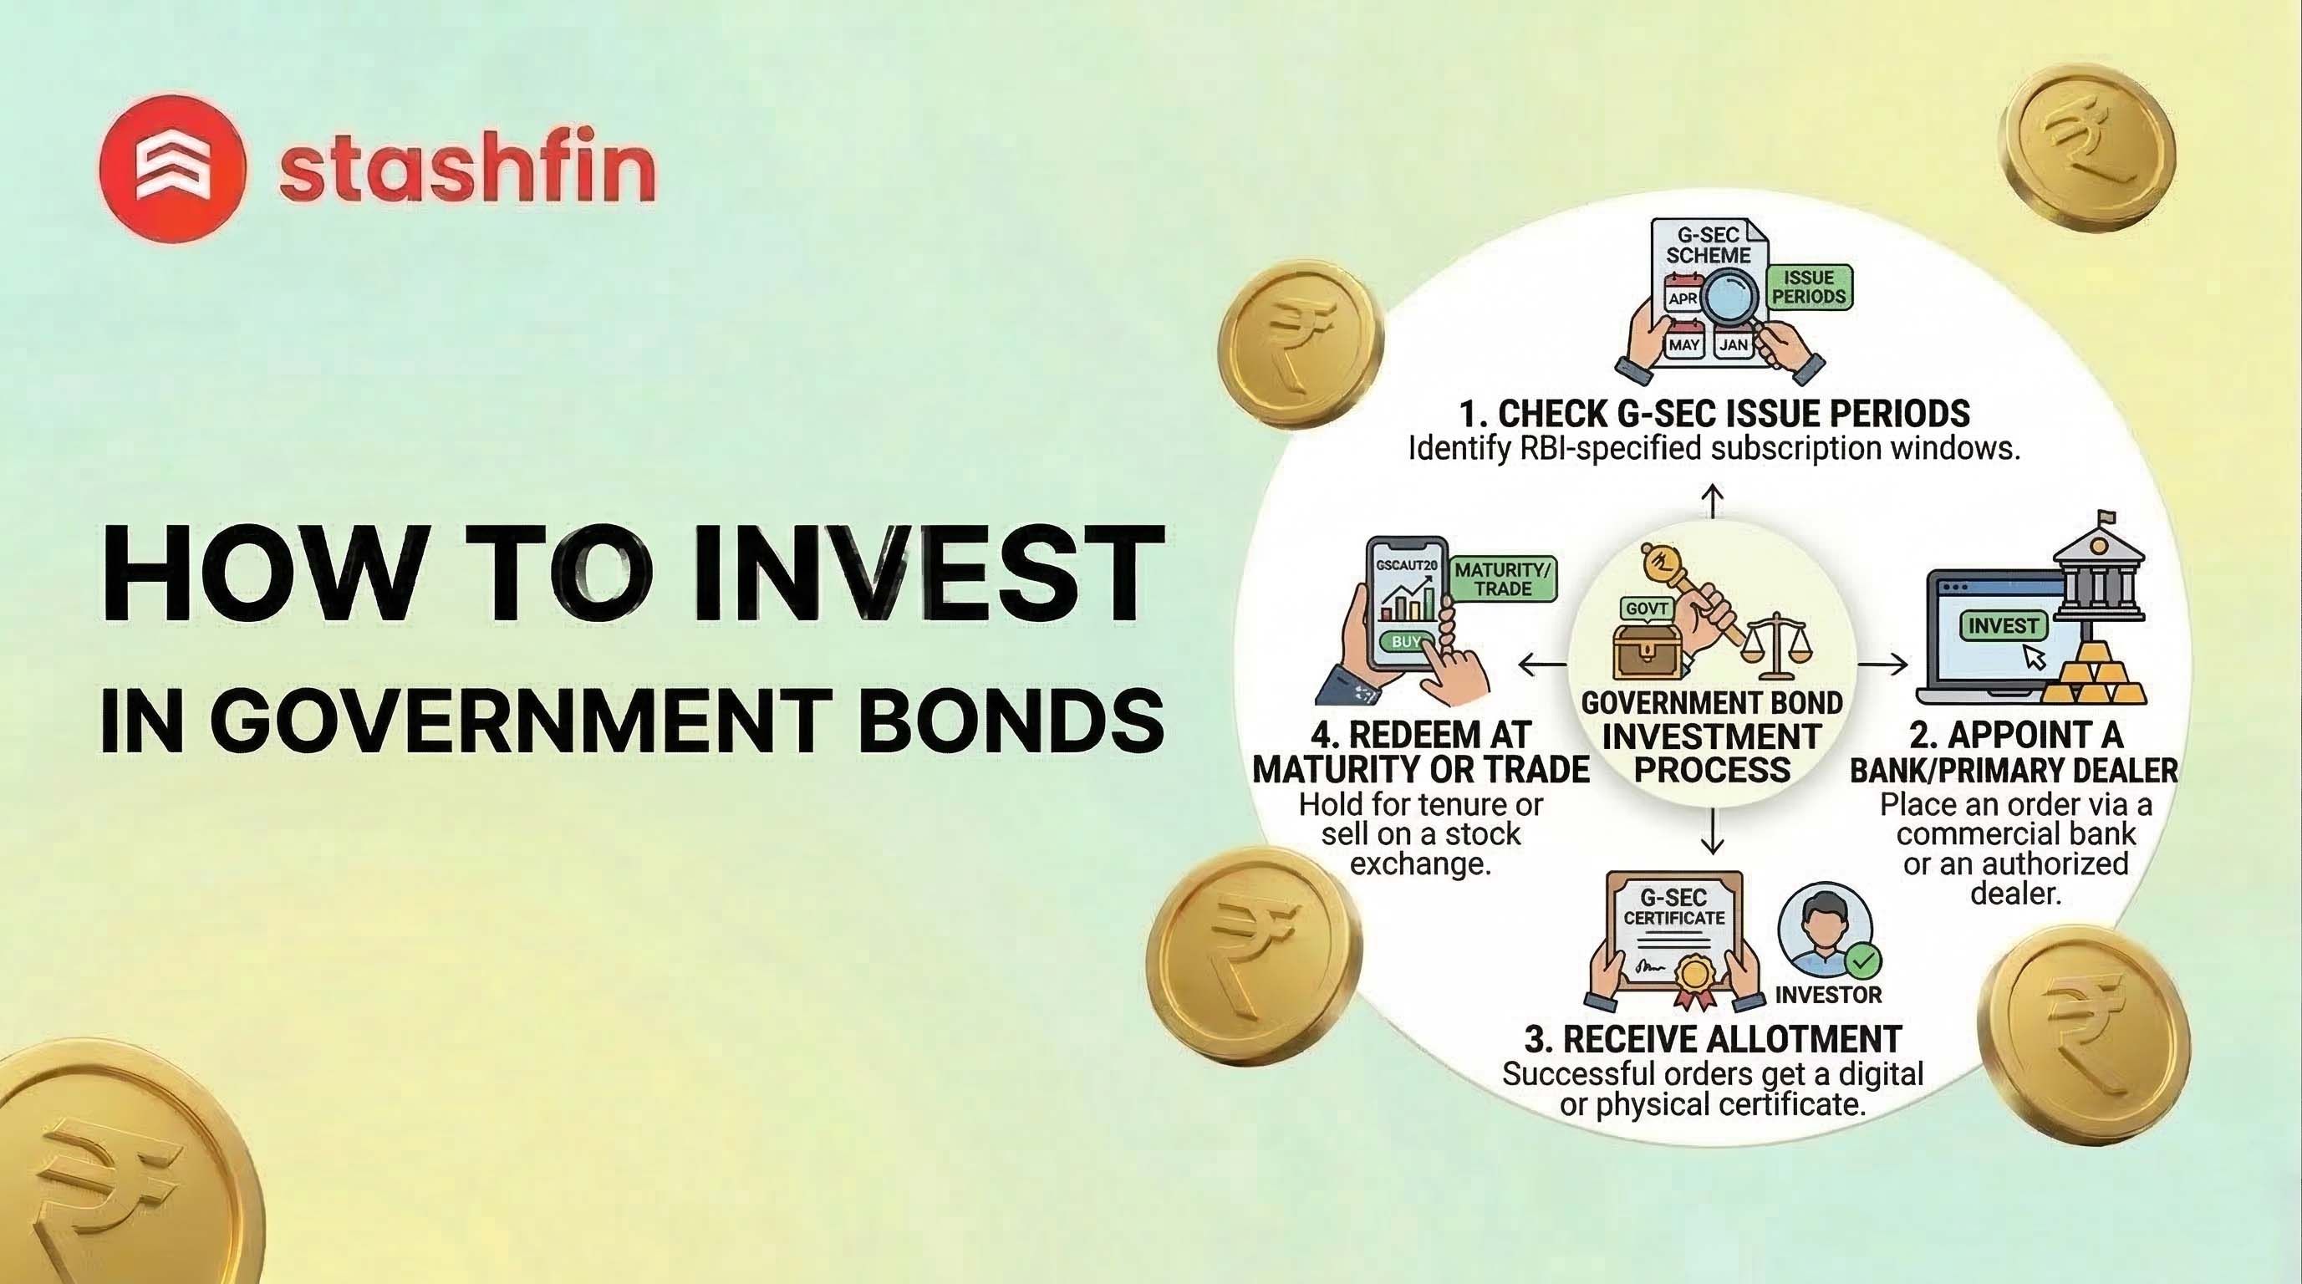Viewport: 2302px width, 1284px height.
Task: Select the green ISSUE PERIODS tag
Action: [1809, 288]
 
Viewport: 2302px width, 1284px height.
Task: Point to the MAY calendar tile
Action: [1683, 345]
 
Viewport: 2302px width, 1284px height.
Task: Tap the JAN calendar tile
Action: [1734, 345]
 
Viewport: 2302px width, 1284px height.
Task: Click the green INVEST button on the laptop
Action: [2003, 625]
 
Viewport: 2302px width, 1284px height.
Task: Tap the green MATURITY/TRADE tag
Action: [1503, 579]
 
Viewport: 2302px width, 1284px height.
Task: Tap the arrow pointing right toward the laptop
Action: [1883, 664]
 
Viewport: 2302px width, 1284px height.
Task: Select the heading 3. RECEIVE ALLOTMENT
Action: [1712, 1039]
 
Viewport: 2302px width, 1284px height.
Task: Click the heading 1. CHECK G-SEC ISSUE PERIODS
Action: [1714, 414]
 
